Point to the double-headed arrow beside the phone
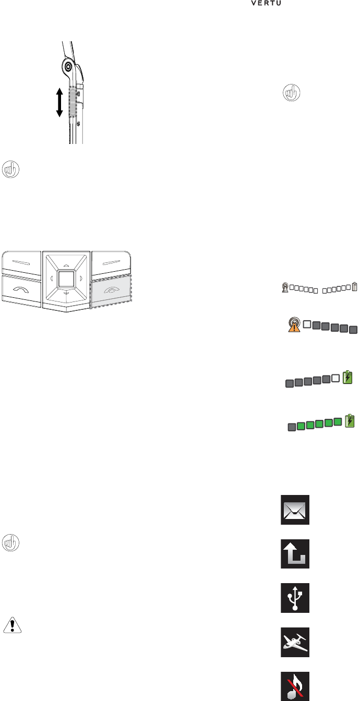point(59,102)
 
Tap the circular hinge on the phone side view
point(67,66)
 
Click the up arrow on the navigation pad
point(66,264)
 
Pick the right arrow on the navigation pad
point(81,279)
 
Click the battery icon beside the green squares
point(350,406)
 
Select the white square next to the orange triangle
point(307,324)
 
